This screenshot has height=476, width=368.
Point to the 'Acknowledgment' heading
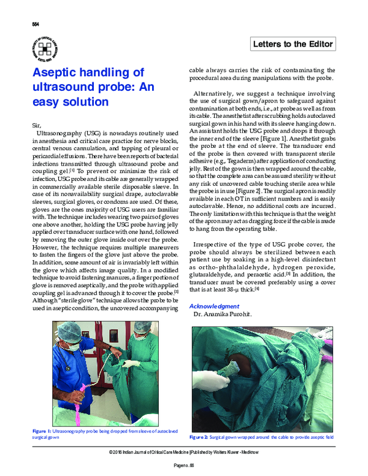pos(215,305)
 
